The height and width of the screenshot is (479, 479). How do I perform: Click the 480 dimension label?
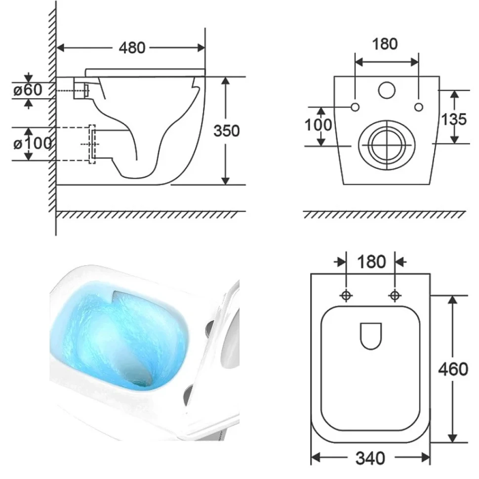tap(132, 48)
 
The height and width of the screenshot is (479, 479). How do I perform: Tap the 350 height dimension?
tap(226, 131)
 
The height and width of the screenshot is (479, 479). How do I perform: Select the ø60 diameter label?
tap(28, 90)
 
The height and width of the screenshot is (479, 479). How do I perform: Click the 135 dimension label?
tap(454, 119)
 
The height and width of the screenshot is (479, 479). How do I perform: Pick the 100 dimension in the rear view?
tap(319, 125)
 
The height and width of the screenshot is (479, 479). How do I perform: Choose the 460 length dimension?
tap(453, 369)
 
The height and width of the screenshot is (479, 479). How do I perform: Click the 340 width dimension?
tap(370, 458)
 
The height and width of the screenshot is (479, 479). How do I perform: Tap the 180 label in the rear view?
tap(385, 44)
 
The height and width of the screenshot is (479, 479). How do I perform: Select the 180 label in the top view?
tap(371, 262)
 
